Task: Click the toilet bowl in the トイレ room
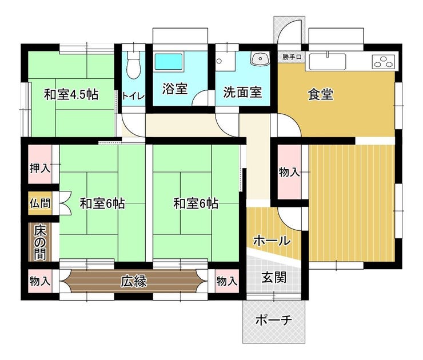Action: point(134,65)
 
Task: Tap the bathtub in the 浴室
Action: point(169,61)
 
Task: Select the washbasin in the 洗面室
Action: point(260,58)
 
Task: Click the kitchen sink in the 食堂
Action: point(328,62)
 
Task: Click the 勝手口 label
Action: point(292,57)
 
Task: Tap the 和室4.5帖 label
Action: point(71,94)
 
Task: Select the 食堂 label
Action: point(321,94)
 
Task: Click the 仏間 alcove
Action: point(40,203)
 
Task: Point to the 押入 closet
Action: point(40,165)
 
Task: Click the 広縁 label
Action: point(134,281)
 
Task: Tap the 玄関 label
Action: point(274,278)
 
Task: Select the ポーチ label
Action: point(274,320)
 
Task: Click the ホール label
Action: point(272,241)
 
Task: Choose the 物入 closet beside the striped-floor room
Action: point(289,172)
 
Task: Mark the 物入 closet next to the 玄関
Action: point(227,281)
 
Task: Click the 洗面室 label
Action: point(242,92)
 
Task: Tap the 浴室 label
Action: point(175,89)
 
